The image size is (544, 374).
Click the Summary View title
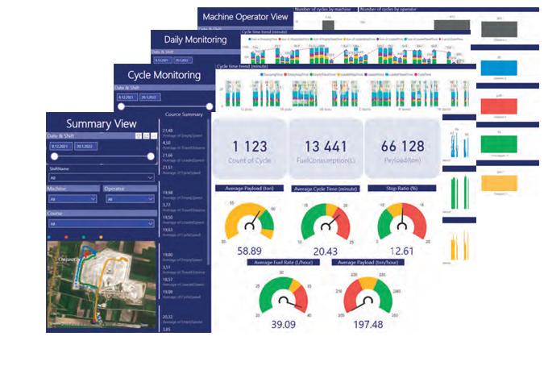tap(101, 123)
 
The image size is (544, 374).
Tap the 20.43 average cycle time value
tap(326, 251)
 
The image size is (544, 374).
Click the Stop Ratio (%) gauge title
tap(400, 188)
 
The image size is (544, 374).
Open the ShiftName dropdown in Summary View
tap(101, 177)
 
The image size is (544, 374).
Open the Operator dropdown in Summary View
tap(129, 198)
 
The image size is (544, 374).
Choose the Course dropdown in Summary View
tap(101, 223)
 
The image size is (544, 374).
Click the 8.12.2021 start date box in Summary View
tap(60, 146)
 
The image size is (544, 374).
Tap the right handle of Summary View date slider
tap(149, 157)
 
